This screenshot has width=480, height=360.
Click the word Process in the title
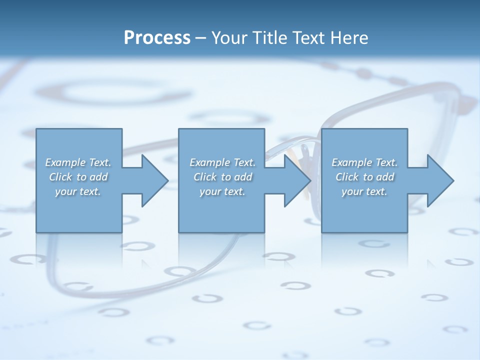pyautogui.click(x=157, y=38)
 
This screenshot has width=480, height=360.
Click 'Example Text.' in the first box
pyautogui.click(x=78, y=162)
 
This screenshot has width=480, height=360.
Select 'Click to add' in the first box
pyautogui.click(x=78, y=177)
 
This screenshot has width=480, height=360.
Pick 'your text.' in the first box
pyautogui.click(x=78, y=191)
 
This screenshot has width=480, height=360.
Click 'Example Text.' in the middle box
pyautogui.click(x=222, y=162)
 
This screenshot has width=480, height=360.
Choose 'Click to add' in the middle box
pyautogui.click(x=222, y=177)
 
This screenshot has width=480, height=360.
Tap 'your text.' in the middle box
pyautogui.click(x=222, y=191)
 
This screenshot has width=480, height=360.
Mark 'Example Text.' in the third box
pyautogui.click(x=364, y=162)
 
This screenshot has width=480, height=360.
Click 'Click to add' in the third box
pyautogui.click(x=364, y=177)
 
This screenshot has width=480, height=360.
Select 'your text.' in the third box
pyautogui.click(x=364, y=191)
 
